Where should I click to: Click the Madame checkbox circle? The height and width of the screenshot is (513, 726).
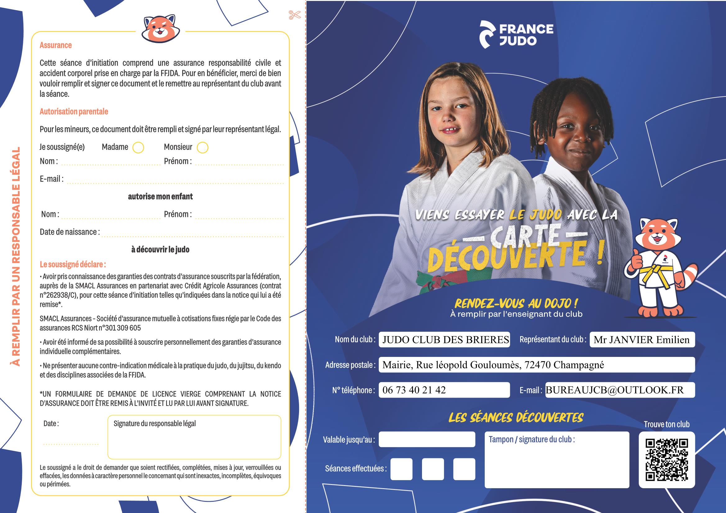138,148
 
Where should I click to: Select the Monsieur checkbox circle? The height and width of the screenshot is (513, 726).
202,148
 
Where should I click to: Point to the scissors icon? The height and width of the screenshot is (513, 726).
294,15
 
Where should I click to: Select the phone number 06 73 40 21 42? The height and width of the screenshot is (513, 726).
414,390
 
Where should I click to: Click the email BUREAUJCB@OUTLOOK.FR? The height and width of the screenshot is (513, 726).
615,390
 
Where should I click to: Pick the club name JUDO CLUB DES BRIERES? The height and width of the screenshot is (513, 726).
446,340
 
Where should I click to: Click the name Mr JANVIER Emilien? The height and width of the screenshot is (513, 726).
641,340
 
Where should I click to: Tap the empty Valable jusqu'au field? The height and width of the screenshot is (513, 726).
427,439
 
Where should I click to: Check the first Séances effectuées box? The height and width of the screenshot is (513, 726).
401,469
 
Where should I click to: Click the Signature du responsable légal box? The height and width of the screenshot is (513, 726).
194,437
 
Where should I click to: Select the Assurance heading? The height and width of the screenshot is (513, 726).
56,45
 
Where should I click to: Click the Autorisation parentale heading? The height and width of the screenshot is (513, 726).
74,112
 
